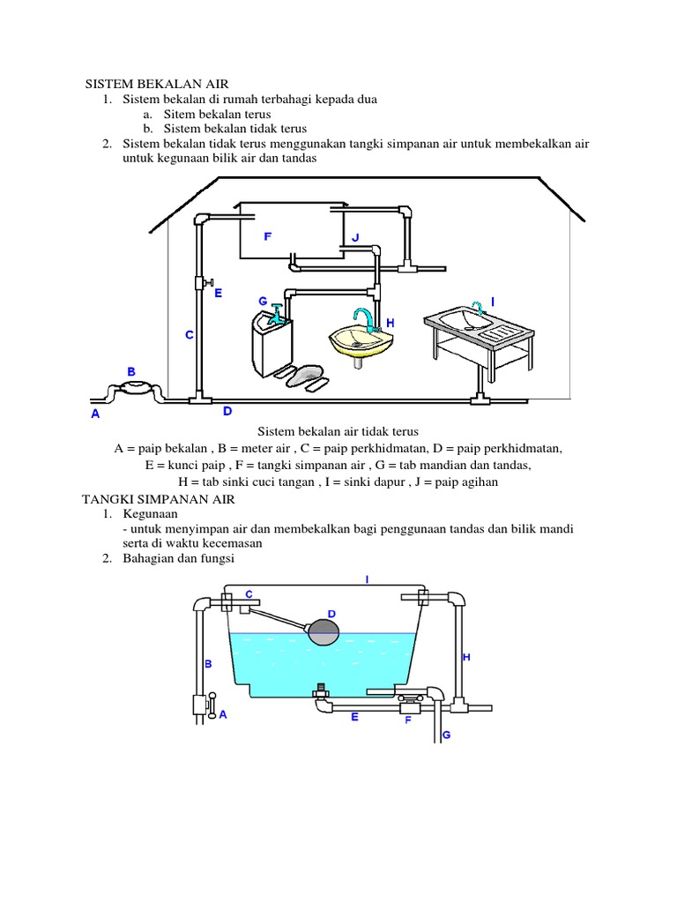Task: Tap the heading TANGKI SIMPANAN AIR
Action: pyautogui.click(x=149, y=498)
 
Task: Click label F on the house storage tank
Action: pyautogui.click(x=267, y=237)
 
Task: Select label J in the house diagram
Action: pyautogui.click(x=355, y=237)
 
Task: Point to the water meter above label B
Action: pyautogui.click(x=131, y=391)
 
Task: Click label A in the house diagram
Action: pyautogui.click(x=95, y=414)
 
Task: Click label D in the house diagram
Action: pyautogui.click(x=227, y=411)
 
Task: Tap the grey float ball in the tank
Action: pyautogui.click(x=323, y=630)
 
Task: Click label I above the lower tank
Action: pyautogui.click(x=367, y=579)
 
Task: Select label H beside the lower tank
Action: pyautogui.click(x=466, y=657)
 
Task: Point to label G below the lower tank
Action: pyautogui.click(x=446, y=734)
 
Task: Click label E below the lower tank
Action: pyautogui.click(x=354, y=717)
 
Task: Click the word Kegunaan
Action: pyautogui.click(x=151, y=513)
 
